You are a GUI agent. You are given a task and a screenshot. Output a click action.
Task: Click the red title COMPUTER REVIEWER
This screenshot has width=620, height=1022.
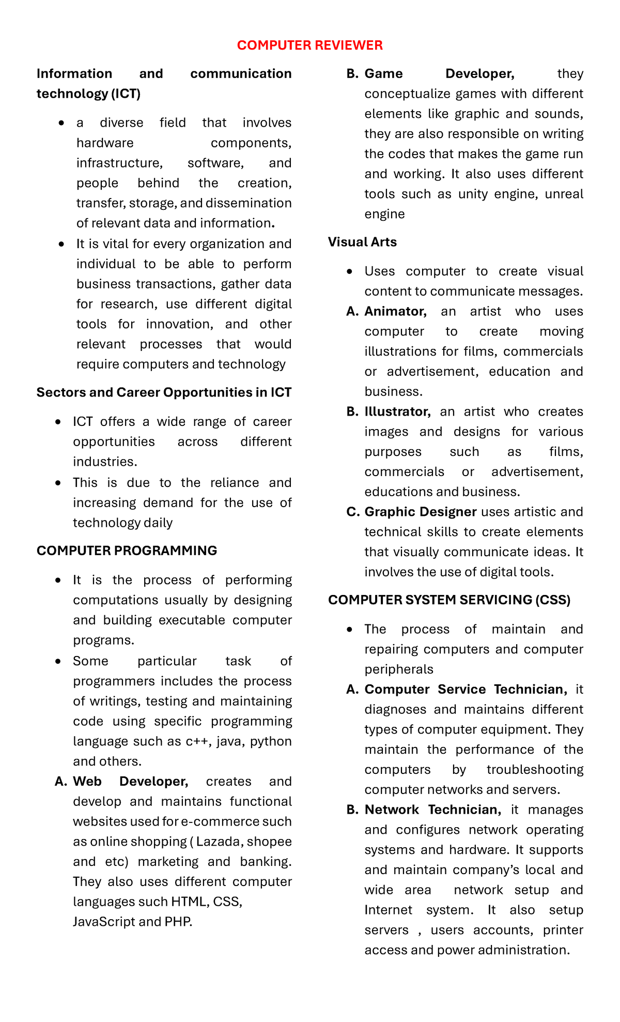[309, 45]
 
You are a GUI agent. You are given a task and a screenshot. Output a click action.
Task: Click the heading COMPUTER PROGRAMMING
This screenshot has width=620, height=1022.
[127, 551]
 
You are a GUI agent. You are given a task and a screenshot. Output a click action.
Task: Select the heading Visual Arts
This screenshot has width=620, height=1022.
[362, 242]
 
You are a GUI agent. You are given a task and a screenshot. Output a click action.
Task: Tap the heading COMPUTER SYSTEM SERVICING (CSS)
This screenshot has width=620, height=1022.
[449, 600]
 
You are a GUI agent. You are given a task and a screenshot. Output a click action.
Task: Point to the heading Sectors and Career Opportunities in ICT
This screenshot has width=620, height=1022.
[164, 392]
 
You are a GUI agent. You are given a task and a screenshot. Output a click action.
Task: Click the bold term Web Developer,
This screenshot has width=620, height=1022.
[130, 781]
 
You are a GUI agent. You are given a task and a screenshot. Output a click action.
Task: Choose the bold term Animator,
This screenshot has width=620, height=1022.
[395, 311]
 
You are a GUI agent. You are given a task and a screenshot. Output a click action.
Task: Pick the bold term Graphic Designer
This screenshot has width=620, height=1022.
[420, 512]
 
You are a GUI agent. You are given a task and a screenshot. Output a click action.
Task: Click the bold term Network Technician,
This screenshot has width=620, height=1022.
[432, 810]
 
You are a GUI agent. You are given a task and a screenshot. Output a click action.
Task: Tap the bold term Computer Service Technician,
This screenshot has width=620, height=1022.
[466, 689]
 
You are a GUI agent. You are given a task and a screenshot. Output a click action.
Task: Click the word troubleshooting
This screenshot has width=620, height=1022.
[535, 769]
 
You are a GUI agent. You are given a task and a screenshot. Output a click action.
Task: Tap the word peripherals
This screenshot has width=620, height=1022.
[398, 669]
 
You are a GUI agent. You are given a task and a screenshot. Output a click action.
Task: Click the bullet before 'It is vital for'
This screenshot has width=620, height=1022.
[62, 244]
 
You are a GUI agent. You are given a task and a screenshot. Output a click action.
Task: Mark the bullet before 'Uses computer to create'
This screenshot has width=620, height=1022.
[350, 271]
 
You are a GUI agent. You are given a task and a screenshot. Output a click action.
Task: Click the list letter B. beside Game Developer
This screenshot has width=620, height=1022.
[352, 74]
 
